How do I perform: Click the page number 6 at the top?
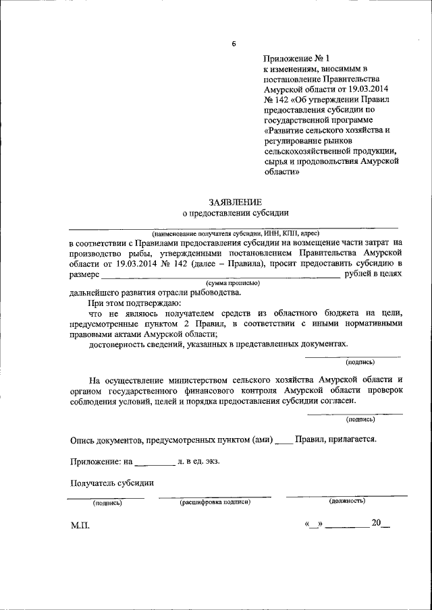234,44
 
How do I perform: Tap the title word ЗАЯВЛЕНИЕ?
236,202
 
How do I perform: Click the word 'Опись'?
82,439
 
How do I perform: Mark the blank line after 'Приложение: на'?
154,462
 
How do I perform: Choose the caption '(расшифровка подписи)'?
215,502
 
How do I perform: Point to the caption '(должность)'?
347,501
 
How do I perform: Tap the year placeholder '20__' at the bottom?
380,523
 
